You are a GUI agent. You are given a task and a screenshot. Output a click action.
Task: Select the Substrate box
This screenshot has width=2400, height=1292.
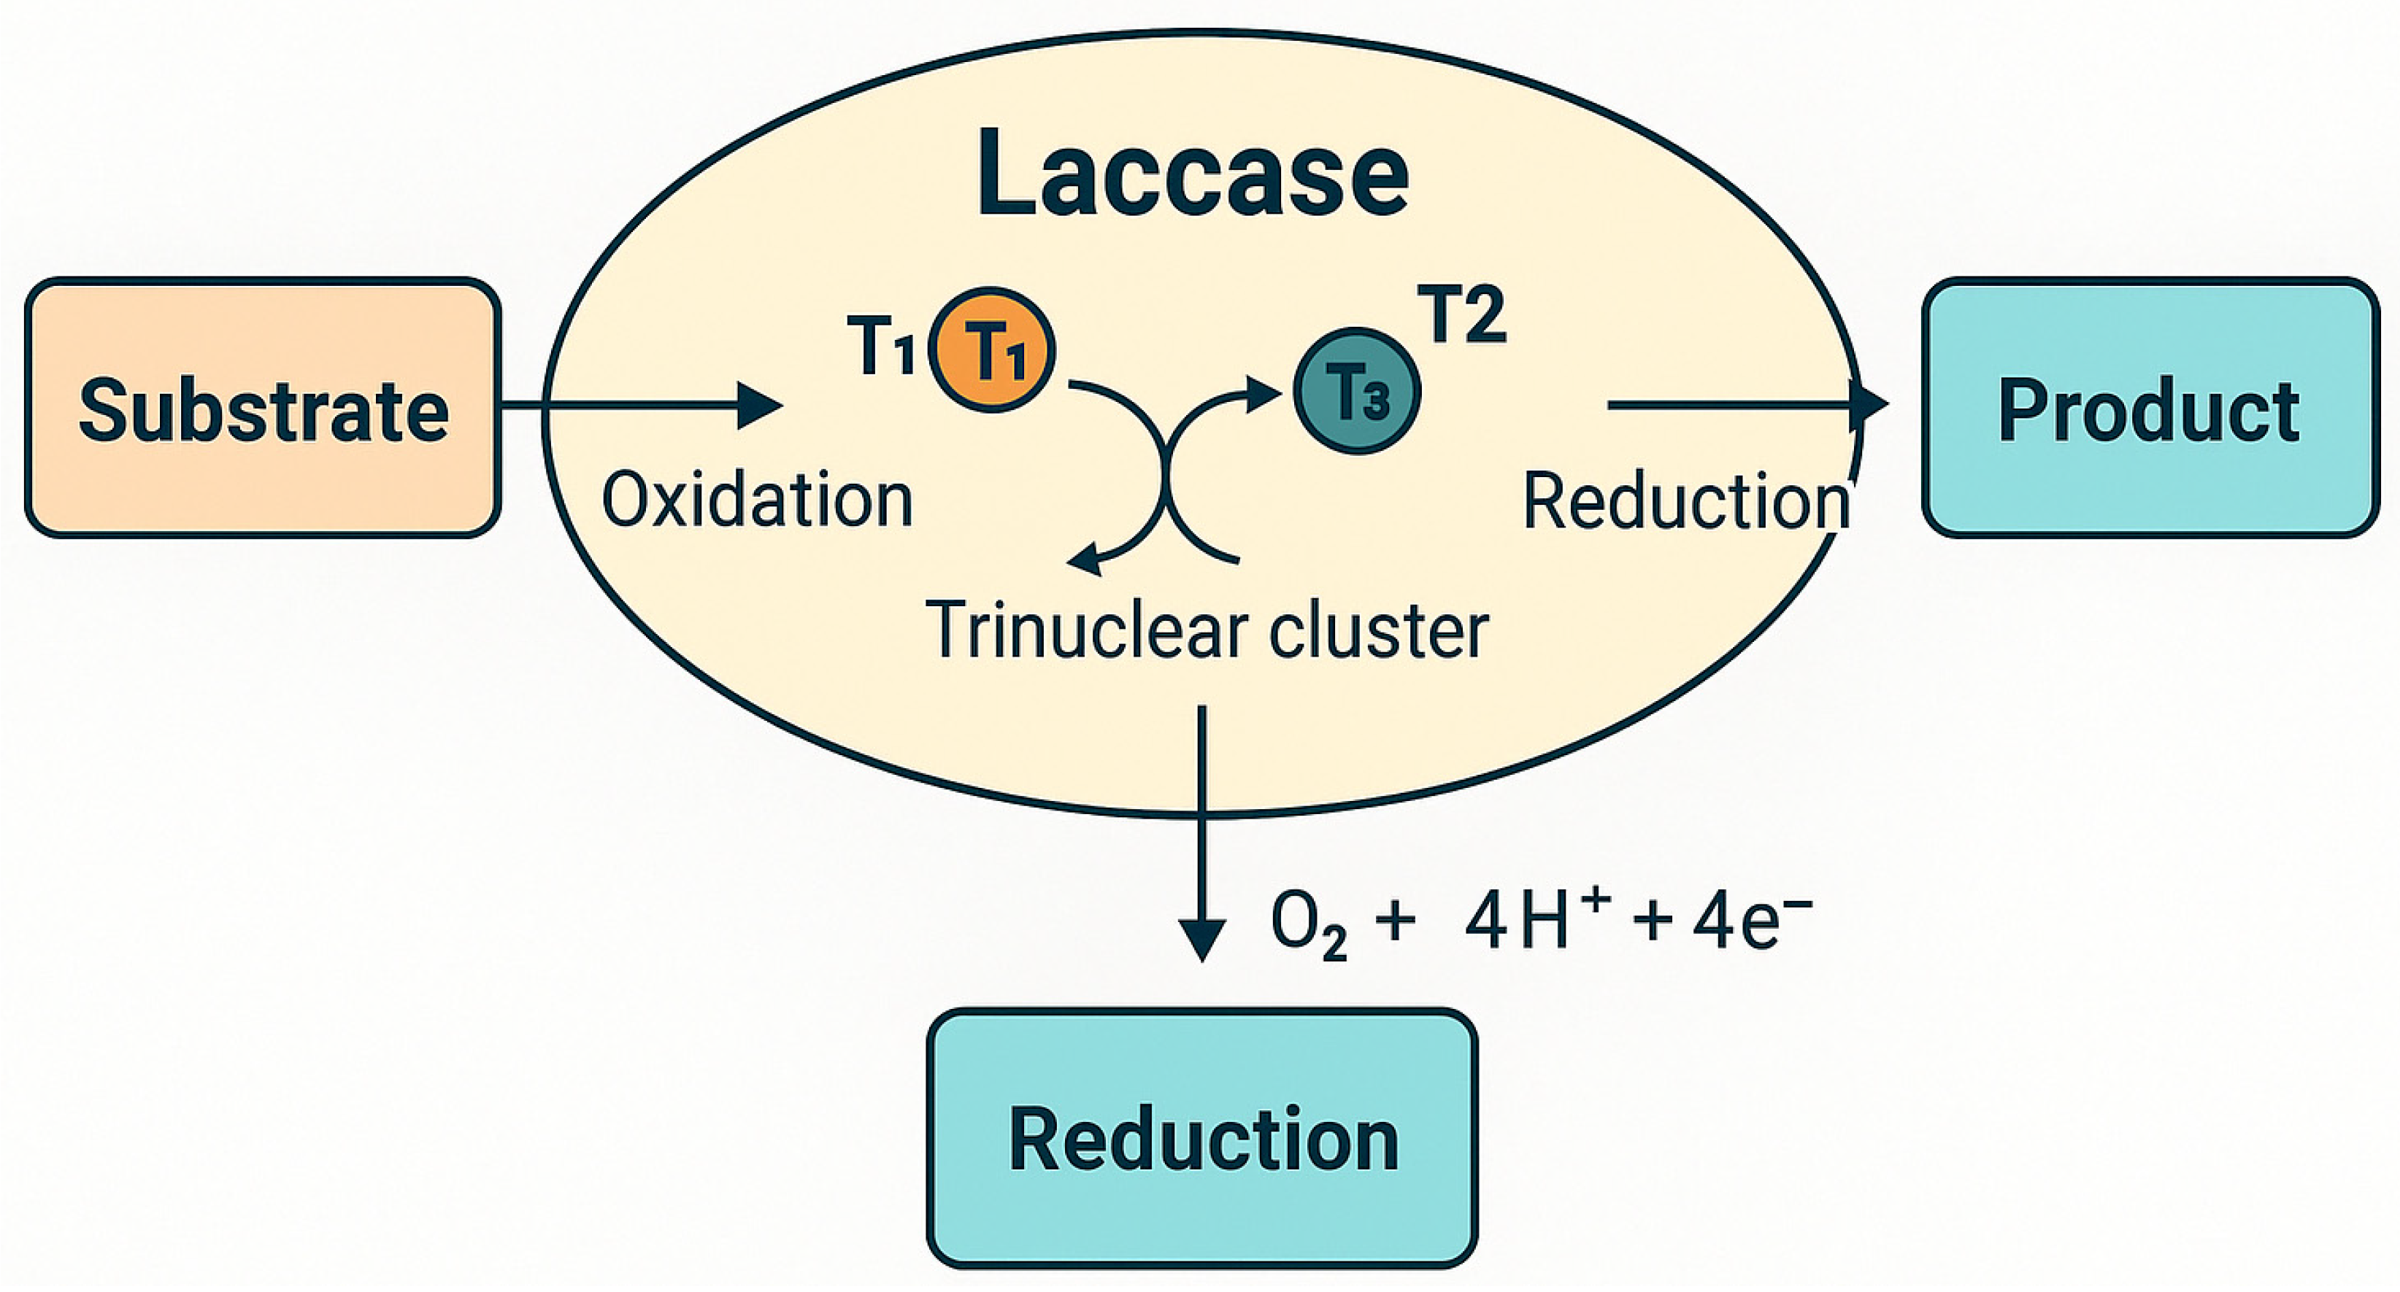263,408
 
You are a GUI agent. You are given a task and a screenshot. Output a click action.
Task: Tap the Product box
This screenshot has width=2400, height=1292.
2150,408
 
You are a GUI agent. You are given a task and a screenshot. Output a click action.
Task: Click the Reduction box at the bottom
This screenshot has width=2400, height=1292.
1202,1138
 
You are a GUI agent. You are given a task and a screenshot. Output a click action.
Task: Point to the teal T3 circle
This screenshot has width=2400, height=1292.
1358,391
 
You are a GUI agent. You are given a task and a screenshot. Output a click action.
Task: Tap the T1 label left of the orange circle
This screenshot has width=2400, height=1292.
880,347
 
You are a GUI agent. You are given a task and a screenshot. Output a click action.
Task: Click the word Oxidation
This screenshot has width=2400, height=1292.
756,500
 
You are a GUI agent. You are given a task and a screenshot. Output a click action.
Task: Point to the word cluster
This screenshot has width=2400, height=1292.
1379,630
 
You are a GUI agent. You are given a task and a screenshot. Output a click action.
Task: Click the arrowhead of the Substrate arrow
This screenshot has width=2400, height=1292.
759,405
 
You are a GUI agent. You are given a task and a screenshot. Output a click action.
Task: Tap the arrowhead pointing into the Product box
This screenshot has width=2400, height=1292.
1868,405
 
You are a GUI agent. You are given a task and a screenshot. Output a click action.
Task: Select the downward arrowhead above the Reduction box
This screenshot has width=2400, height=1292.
1202,939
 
